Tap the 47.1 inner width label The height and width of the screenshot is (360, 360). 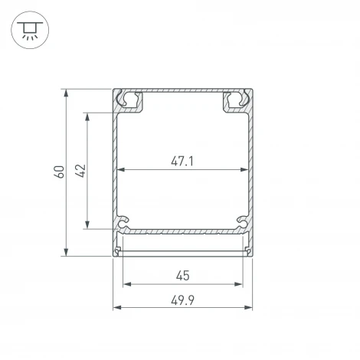tap(182, 162)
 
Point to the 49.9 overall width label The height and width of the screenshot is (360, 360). tap(182, 299)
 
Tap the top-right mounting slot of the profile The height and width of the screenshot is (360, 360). tap(236, 100)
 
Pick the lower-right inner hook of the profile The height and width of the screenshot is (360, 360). tap(243, 222)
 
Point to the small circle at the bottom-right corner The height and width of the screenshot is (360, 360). tap(248, 250)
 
